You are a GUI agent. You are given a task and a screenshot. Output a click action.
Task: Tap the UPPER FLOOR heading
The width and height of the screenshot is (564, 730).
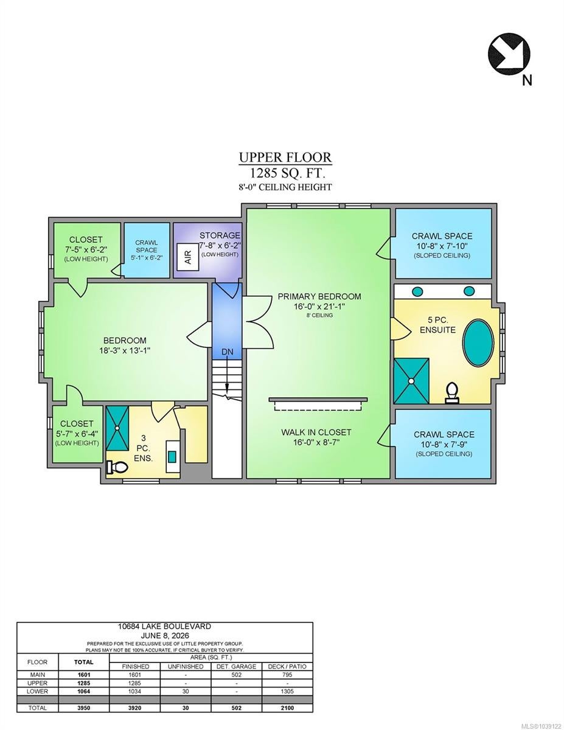click(x=285, y=157)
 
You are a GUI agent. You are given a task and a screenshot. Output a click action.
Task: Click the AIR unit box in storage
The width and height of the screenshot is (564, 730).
click(x=187, y=257)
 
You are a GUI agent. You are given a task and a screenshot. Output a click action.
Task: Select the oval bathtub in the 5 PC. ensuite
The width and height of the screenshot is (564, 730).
click(x=478, y=342)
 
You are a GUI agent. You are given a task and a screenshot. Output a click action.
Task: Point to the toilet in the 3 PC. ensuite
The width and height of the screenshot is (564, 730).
click(x=117, y=467)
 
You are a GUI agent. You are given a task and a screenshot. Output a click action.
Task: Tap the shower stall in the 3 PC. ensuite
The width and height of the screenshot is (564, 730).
click(x=117, y=428)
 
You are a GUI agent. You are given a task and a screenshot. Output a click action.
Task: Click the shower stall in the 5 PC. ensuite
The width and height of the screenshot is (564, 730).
click(x=411, y=381)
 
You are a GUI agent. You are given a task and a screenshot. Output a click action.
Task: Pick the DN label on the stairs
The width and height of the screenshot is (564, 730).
click(x=227, y=352)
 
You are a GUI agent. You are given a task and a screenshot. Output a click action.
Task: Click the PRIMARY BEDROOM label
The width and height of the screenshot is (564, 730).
click(x=319, y=296)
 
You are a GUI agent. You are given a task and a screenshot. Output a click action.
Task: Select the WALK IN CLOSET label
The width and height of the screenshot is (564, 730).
click(x=316, y=432)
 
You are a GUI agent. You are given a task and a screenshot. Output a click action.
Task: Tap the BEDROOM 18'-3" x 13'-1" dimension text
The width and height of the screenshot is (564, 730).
click(x=125, y=350)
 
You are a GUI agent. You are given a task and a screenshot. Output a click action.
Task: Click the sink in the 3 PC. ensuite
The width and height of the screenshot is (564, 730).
click(x=172, y=456)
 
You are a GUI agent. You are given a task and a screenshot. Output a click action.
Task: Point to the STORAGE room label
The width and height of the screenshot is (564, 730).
click(x=220, y=235)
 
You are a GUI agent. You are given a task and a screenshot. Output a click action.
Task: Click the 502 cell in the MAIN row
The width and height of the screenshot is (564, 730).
click(x=237, y=675)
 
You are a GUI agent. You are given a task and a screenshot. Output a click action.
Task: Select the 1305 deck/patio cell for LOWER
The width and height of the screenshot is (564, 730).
click(x=287, y=691)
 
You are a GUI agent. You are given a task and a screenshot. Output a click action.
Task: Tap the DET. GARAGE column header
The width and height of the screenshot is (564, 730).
click(x=237, y=666)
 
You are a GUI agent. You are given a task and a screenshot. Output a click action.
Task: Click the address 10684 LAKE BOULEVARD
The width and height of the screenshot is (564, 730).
click(x=165, y=626)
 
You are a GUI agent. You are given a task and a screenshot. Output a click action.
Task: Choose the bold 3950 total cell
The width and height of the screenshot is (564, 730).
click(x=83, y=708)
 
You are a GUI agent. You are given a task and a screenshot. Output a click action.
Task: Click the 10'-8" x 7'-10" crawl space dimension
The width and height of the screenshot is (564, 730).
click(x=442, y=246)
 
